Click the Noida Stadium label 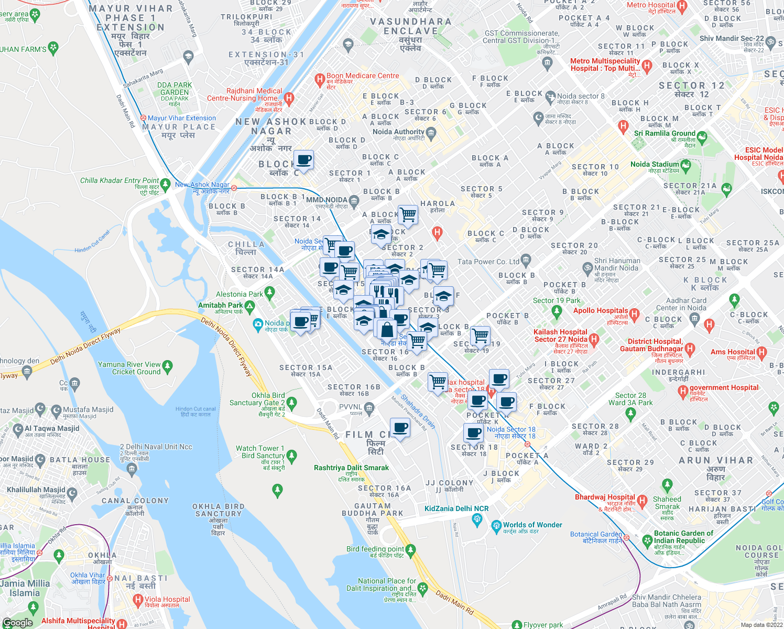[x=655, y=165]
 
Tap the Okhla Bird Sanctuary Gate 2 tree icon [x=292, y=403]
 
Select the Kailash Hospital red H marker [x=594, y=339]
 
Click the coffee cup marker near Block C [x=303, y=159]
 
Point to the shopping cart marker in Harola [x=408, y=214]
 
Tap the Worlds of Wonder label [x=532, y=525]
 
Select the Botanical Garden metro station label [x=596, y=535]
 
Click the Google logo [x=17, y=622]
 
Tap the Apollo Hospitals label [x=601, y=311]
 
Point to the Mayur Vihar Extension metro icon [x=143, y=118]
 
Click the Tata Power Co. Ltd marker [x=526, y=259]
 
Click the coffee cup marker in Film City [x=400, y=428]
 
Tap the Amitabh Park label [x=220, y=305]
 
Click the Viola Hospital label [x=167, y=599]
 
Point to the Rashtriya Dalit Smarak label [x=351, y=468]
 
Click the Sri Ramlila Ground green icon [x=702, y=137]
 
